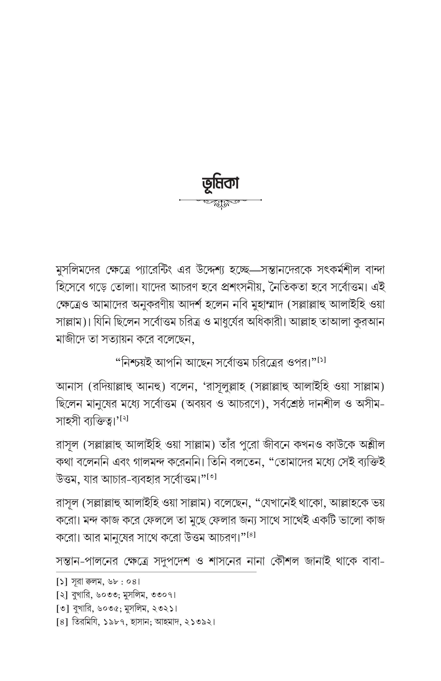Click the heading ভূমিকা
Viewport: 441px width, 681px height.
point(220,184)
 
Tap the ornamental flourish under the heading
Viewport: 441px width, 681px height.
point(220,204)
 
